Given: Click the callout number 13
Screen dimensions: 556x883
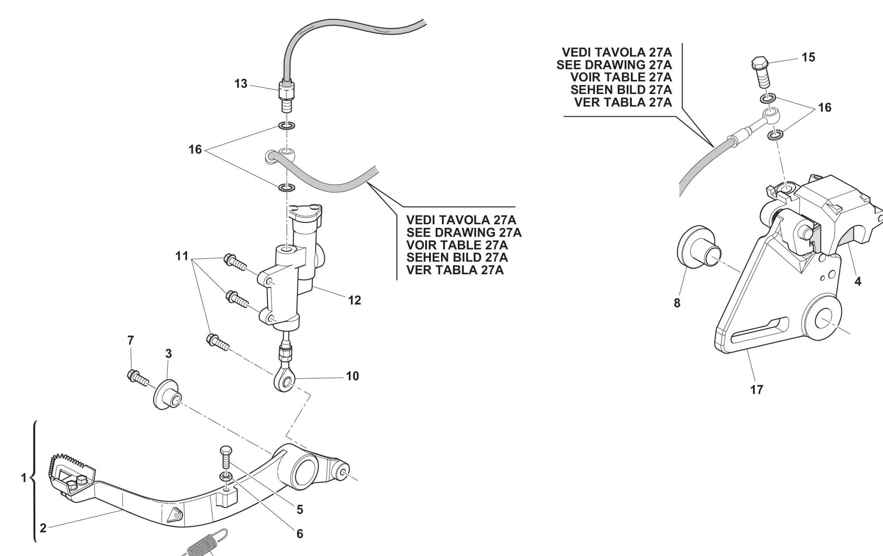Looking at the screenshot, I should [241, 83].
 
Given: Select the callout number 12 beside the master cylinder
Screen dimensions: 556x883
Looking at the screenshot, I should [354, 300].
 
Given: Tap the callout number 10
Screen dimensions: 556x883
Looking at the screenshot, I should [352, 376].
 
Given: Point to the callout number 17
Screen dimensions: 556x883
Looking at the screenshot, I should [757, 390].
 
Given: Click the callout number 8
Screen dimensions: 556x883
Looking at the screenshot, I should [677, 303].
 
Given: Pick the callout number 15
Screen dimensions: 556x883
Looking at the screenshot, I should [808, 57].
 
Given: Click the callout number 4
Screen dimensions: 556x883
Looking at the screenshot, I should [858, 281].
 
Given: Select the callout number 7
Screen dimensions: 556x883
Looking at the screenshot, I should [130, 340].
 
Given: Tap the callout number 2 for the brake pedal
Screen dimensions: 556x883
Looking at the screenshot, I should [43, 528].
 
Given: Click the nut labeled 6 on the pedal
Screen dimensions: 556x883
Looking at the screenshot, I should [225, 477].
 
